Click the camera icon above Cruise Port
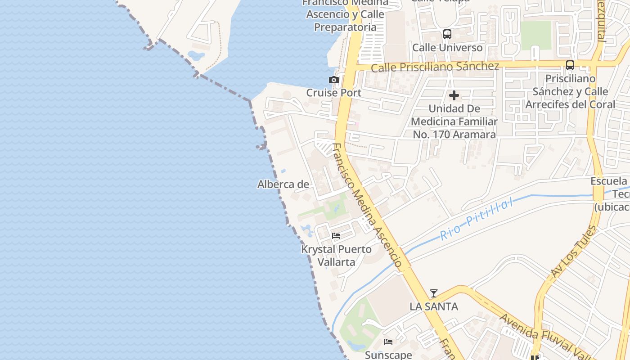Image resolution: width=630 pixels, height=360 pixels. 333,80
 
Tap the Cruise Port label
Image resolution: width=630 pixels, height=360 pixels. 333,93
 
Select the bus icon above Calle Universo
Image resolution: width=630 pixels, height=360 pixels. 447,34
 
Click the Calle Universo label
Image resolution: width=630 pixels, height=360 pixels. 447,47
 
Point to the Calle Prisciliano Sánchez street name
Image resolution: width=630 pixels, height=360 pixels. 435,67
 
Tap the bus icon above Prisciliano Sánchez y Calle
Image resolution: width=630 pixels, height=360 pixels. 570,65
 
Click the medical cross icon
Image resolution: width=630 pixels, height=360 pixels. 454,95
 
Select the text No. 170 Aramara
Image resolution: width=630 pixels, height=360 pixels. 454,135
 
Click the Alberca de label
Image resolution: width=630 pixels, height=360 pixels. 283,184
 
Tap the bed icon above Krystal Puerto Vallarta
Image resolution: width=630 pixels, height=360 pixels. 336,236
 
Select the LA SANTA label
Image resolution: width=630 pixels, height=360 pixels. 434,306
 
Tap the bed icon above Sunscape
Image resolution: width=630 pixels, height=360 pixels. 388,342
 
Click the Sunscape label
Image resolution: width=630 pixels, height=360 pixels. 388,355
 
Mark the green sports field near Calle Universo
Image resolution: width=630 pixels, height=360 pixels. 536,35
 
